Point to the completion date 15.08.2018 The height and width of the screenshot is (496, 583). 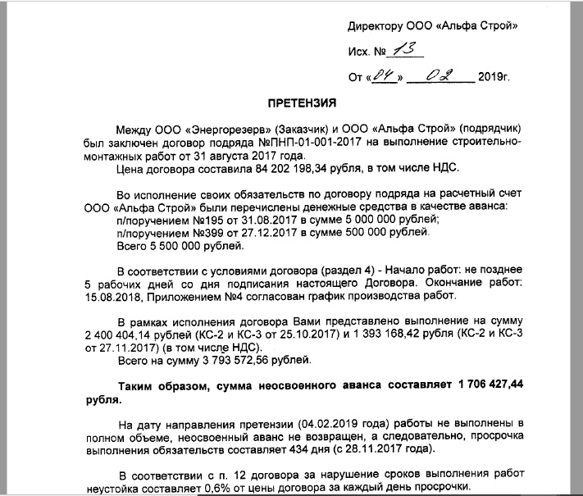tap(110, 296)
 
